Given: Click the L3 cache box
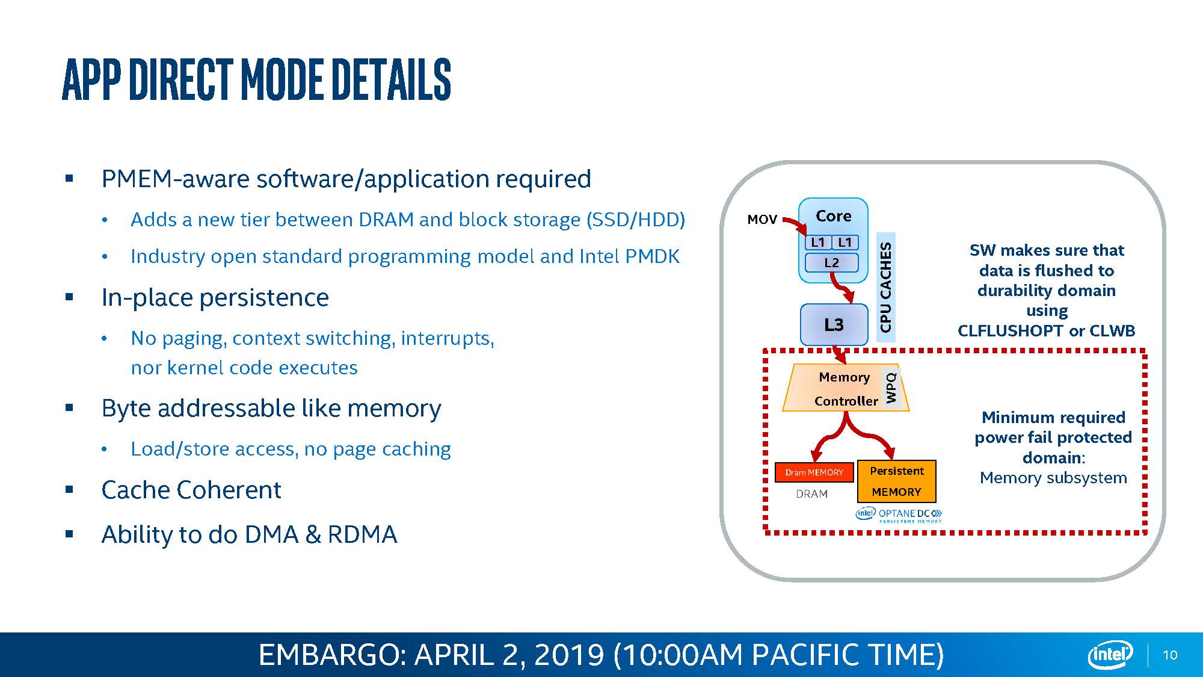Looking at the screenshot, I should click(834, 325).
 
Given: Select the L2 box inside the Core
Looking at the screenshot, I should click(831, 263).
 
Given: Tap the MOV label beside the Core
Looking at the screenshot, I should click(762, 220).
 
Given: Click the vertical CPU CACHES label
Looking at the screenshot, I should click(885, 287).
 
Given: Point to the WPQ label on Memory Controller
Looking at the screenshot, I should click(891, 388).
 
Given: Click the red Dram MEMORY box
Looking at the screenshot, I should click(814, 472).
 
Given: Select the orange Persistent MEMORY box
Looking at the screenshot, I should click(896, 481).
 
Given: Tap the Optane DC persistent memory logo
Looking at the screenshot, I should click(899, 515).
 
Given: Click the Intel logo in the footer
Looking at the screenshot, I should click(1110, 655).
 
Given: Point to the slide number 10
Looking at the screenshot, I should click(1170, 655).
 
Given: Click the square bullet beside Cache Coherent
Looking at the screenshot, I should click(70, 490).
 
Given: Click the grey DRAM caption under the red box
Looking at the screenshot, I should click(811, 494).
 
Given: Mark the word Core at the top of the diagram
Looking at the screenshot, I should click(833, 216).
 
